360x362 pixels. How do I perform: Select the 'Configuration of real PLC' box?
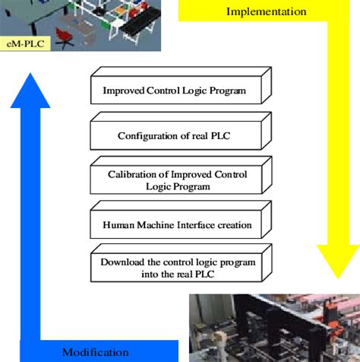[175, 136]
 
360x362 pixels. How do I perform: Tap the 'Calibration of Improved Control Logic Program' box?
[175, 180]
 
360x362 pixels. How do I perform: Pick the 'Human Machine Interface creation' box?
[176, 224]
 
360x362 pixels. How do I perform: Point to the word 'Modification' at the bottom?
[96, 351]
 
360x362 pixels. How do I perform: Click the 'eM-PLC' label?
[24, 43]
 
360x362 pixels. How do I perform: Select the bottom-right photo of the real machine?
[273, 327]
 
